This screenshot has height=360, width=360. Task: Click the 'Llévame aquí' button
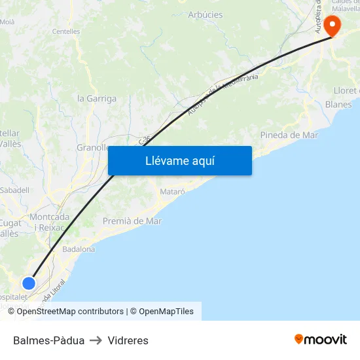tap(180, 160)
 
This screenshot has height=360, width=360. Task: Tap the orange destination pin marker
tap(333, 26)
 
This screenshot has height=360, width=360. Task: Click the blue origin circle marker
tap(29, 283)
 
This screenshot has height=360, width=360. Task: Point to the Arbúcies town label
tap(206, 14)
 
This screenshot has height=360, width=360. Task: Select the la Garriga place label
tap(97, 99)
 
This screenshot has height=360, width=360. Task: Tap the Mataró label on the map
tap(173, 192)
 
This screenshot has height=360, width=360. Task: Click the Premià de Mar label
tap(132, 221)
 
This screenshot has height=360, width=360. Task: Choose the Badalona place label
tap(79, 249)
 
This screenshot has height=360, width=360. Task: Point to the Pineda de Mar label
tap(289, 135)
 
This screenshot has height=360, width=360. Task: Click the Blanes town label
tap(338, 104)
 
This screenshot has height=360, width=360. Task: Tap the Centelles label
tap(66, 31)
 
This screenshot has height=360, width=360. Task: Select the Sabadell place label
tap(15, 190)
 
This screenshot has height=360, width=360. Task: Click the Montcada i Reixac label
tap(50, 222)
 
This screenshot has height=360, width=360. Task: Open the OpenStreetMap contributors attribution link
tap(70, 312)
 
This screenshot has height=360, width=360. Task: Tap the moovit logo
tap(321, 340)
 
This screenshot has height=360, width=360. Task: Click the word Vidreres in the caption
tap(128, 340)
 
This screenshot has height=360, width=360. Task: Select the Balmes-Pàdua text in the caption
tap(48, 340)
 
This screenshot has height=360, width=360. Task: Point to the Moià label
tap(7, 22)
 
